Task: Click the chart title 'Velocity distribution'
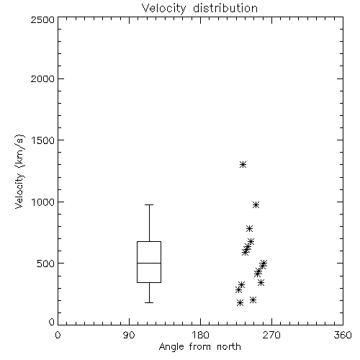tap(199, 9)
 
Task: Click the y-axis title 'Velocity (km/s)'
tap(19, 171)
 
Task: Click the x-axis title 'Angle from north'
tap(199, 347)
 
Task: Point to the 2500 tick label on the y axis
tap(42, 19)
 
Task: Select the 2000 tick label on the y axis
tap(42, 78)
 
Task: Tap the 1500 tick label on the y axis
tap(43, 140)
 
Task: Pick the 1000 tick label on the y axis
tap(43, 202)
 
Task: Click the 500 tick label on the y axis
tap(46, 264)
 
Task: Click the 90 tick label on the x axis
tap(129, 335)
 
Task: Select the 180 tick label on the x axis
tap(200, 335)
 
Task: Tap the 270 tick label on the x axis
tap(271, 335)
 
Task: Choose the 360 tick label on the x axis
tap(343, 335)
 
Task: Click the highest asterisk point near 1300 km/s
tap(243, 164)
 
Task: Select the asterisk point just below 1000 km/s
tap(256, 204)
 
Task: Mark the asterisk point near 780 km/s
tap(249, 228)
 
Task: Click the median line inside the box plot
tap(149, 263)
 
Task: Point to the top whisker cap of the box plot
tap(149, 204)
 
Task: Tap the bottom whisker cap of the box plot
tap(149, 302)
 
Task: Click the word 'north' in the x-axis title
tap(229, 347)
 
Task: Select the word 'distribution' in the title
tap(225, 9)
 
